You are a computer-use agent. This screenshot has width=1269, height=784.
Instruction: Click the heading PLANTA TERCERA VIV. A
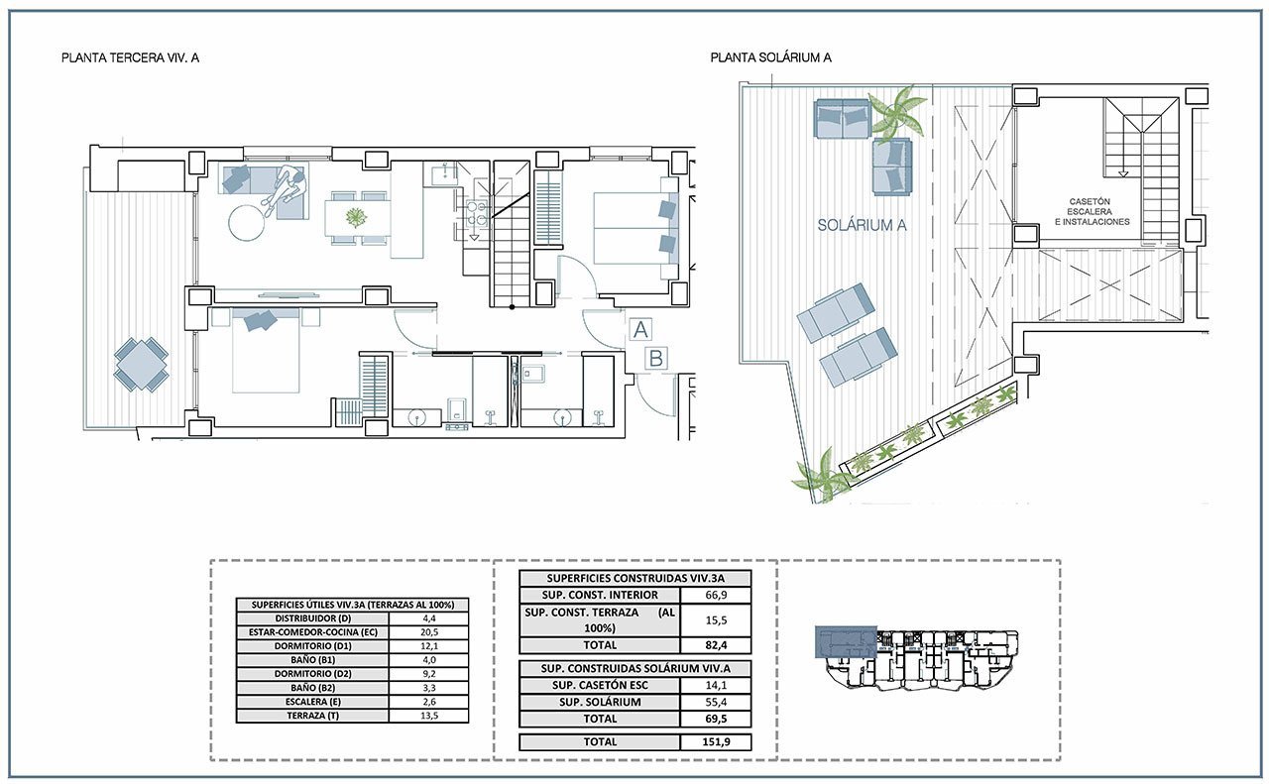point(130,57)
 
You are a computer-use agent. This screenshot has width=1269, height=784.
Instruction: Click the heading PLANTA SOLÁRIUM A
point(770,57)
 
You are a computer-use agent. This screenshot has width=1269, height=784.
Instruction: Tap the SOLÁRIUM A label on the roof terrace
point(862,225)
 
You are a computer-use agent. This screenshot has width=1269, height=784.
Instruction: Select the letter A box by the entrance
point(640,330)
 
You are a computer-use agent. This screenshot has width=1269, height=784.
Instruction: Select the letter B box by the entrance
point(656,359)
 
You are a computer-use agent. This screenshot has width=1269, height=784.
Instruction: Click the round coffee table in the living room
point(247,223)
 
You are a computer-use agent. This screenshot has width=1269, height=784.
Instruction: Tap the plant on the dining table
point(356,216)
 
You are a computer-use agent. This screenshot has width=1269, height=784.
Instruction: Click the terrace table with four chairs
point(141,364)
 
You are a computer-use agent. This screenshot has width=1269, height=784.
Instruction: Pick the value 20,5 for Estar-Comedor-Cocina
point(429,632)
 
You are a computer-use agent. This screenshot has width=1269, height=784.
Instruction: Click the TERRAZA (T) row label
point(312,716)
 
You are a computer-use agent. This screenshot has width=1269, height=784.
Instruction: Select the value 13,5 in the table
point(430,716)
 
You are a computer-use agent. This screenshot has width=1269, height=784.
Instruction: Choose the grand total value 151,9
point(716,741)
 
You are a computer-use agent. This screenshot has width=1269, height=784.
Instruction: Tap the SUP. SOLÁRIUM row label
point(600,702)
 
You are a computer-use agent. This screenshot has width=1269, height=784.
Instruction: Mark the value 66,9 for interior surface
point(716,595)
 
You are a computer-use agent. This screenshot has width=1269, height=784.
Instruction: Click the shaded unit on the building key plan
point(846,642)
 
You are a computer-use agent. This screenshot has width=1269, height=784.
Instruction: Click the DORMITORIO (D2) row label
point(312,674)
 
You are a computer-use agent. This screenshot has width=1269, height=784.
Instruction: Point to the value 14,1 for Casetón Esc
point(716,686)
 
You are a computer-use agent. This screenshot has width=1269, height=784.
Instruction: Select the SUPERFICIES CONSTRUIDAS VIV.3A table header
point(635,579)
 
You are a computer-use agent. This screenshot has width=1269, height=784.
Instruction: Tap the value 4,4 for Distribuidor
point(429,618)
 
